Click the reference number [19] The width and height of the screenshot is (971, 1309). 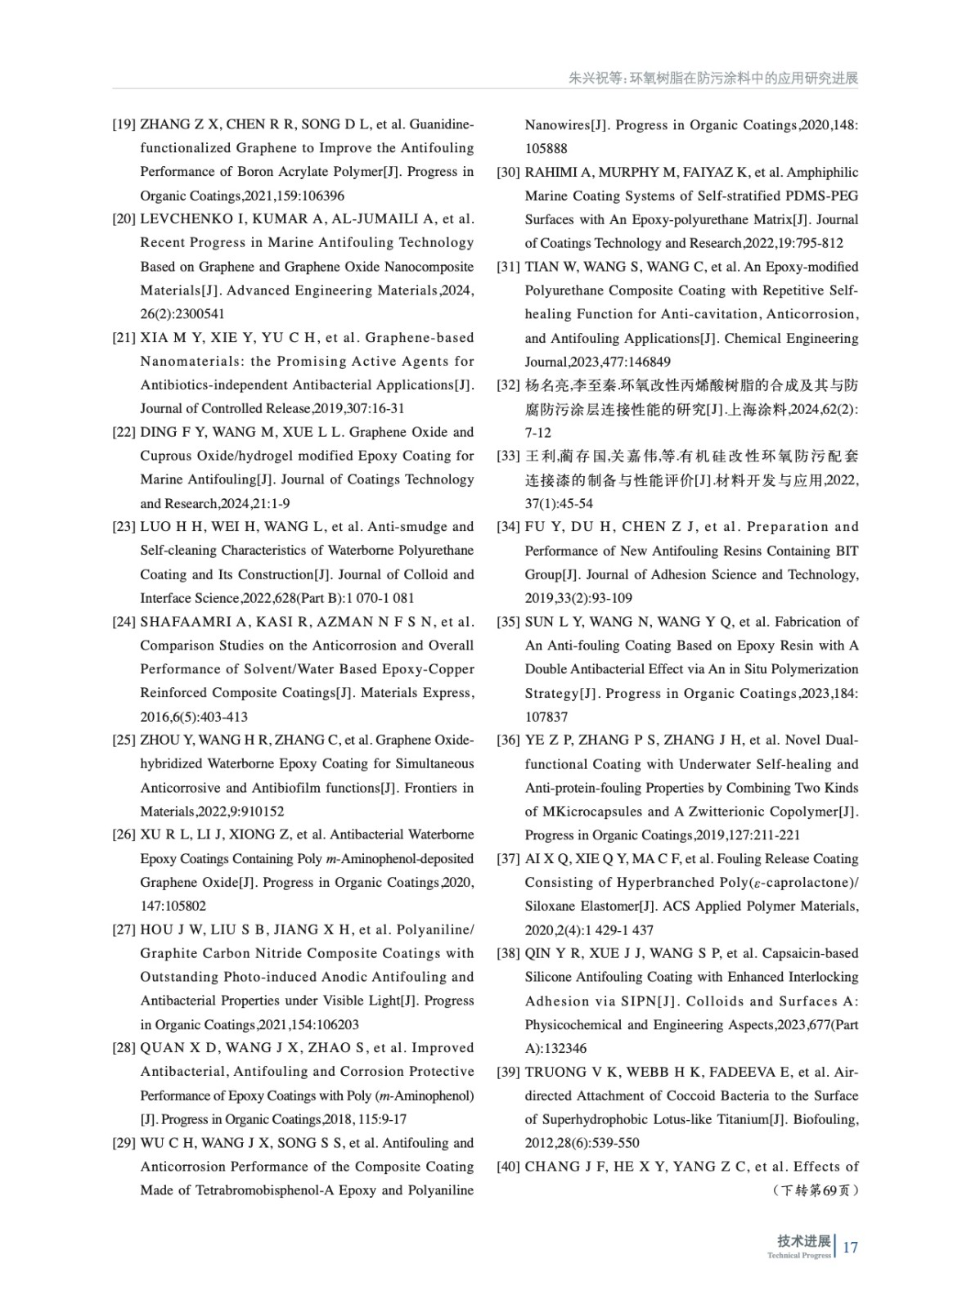point(124,125)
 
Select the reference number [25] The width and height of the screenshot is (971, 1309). point(124,740)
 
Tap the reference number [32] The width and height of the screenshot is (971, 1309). point(508,385)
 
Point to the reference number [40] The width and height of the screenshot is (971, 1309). point(508,1167)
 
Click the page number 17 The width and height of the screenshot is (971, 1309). point(850,1248)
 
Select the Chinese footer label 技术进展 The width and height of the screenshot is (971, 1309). point(804,1241)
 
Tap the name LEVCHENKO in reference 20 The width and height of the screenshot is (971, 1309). point(180,219)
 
